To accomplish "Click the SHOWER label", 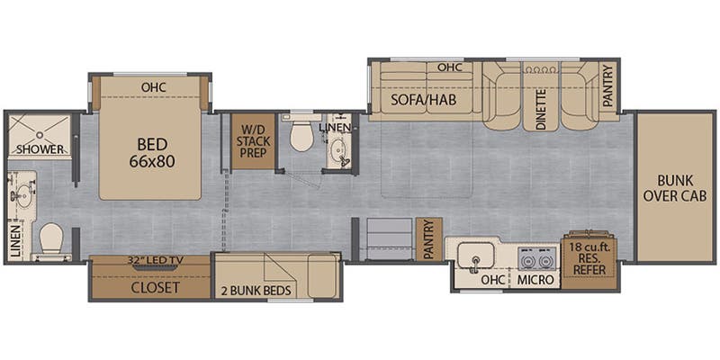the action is (x=40, y=149).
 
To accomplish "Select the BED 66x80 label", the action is (x=152, y=153).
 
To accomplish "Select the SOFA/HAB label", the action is (x=423, y=100).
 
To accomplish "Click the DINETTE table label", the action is (x=541, y=109).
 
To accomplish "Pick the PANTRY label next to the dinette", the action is (x=608, y=86).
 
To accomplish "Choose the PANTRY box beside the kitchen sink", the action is (x=429, y=239).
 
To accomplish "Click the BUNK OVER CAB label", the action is (x=674, y=188).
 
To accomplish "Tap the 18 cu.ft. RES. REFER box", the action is (x=589, y=258).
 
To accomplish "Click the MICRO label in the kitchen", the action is (x=535, y=280).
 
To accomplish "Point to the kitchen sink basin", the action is (x=477, y=254).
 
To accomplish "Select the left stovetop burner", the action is (x=526, y=261).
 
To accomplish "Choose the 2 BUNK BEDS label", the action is (x=257, y=290).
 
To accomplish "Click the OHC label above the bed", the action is (x=153, y=86).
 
